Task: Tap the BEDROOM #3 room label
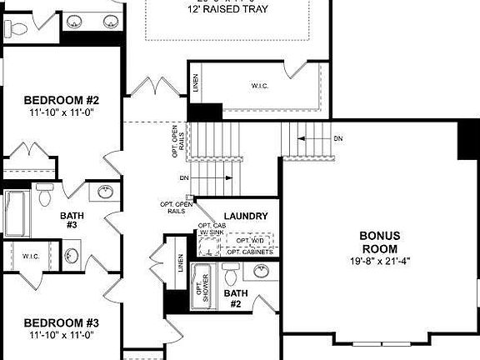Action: tap(61, 322)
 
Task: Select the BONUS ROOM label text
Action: tap(378, 242)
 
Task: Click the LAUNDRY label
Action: tap(246, 217)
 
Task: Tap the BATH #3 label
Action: tap(71, 220)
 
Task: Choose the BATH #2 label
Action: tap(236, 298)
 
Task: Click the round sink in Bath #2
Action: tap(261, 272)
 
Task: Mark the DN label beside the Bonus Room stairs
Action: tap(337, 138)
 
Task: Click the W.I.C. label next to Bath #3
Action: tap(32, 256)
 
